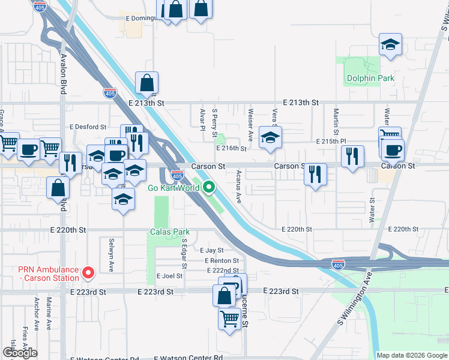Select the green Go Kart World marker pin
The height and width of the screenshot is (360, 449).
coord(209,188)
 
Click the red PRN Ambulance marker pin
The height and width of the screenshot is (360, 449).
coord(88,274)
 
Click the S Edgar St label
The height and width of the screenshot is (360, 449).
coord(184,253)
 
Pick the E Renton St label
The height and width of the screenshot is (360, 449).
coord(221,261)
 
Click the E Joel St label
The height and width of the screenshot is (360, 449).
coord(169,276)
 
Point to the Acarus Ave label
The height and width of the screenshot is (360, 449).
coord(239,186)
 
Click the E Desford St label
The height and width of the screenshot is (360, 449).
coord(88,127)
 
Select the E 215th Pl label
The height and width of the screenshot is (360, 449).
coord(331,141)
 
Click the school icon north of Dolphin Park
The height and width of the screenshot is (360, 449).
coord(390,44)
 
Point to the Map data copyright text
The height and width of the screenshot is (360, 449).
coord(412,355)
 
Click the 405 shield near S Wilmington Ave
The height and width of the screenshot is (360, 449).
coord(339,263)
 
